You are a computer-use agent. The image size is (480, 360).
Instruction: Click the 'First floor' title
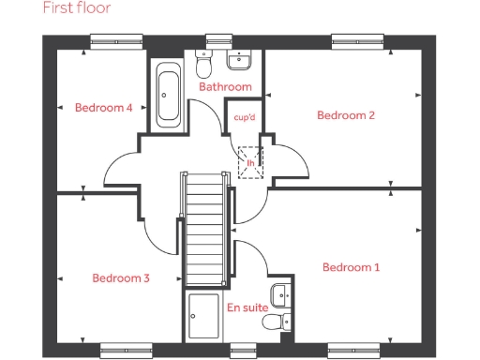pyautogui.click(x=77, y=8)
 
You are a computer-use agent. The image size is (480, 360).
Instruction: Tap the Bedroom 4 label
pyautogui.click(x=103, y=108)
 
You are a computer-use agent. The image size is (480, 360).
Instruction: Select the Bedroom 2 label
pyautogui.click(x=346, y=116)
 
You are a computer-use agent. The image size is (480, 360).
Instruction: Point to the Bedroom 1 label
pyautogui.click(x=351, y=268)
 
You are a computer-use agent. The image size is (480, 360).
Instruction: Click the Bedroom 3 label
pyautogui.click(x=120, y=278)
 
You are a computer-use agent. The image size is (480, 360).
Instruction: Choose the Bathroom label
pyautogui.click(x=225, y=87)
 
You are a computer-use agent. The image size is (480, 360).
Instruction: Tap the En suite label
pyautogui.click(x=247, y=307)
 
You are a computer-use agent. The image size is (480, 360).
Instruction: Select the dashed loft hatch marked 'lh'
pyautogui.click(x=250, y=160)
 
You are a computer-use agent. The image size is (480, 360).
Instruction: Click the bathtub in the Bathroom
pyautogui.click(x=170, y=96)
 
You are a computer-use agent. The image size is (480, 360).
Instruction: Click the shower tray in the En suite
pyautogui.click(x=203, y=317)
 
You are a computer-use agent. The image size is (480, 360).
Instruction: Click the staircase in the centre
pyautogui.click(x=203, y=229)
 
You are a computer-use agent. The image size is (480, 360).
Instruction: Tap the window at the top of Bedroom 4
pyautogui.click(x=116, y=40)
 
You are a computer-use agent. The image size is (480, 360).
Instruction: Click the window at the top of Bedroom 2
pyautogui.click(x=356, y=40)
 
